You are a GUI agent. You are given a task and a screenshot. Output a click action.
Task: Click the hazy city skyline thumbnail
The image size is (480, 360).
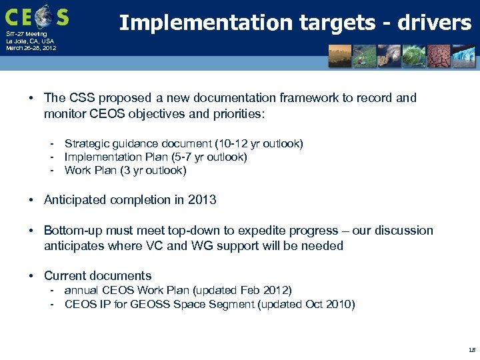coord(341,56)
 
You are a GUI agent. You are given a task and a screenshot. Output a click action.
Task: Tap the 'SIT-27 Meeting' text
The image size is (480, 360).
coord(27,34)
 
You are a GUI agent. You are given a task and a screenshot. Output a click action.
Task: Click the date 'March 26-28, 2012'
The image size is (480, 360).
coord(31,48)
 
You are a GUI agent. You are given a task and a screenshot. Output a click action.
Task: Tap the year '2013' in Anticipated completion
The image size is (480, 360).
coord(202,200)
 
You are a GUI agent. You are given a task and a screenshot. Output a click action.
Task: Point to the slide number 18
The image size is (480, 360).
coord(471,349)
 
